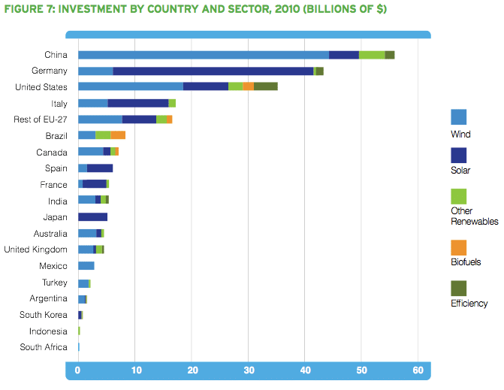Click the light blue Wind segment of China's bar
click(203, 55)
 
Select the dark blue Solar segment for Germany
click(213, 71)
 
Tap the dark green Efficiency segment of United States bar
click(266, 87)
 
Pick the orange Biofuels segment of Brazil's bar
click(118, 135)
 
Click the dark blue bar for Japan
click(92, 217)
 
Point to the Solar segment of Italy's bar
click(138, 103)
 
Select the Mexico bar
click(86, 266)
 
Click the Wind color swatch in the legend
click(458, 116)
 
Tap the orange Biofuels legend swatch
click(458, 248)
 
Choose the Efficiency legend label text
click(469, 304)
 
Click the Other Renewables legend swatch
click(458, 196)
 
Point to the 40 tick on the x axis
click(305, 370)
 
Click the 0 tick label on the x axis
click(78, 370)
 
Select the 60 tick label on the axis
click(418, 370)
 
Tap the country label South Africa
click(44, 347)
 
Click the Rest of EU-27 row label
click(41, 119)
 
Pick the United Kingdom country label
click(35, 249)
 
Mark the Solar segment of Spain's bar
click(100, 168)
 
